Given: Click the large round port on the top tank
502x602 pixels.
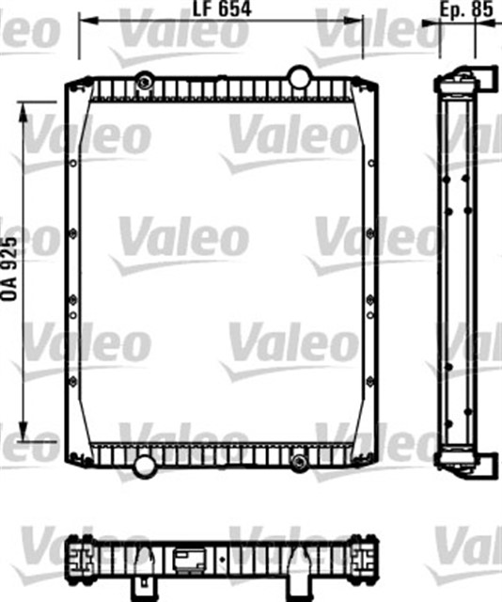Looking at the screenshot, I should pos(299,75).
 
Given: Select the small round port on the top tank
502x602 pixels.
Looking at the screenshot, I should pos(144,82).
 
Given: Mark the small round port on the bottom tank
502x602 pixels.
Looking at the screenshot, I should pos(299,462).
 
